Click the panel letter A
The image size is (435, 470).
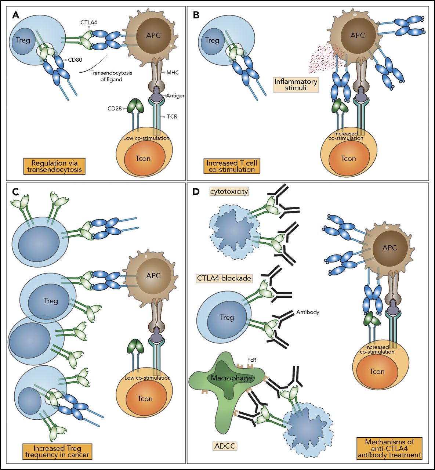coord(16,15)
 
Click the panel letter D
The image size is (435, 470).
coord(196,192)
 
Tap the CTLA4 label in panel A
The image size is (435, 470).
coord(89,22)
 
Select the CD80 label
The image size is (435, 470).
coord(75,60)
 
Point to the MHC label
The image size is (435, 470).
coord(173,73)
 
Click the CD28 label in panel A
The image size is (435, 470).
coord(115,108)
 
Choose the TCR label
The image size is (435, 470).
coord(172,117)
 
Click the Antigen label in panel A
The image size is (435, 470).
coord(175,95)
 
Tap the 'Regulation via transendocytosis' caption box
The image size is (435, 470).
coord(54,166)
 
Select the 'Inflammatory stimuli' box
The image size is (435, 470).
coord(296,84)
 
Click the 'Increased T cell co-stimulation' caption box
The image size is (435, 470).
coord(232,166)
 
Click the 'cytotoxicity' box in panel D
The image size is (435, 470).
coord(229,191)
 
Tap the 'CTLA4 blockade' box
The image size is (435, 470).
coord(224,278)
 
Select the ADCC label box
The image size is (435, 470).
coord(225,446)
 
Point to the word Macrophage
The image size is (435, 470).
coord(232,378)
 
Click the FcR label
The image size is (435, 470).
coord(251,360)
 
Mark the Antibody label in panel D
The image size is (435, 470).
coord(308,312)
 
